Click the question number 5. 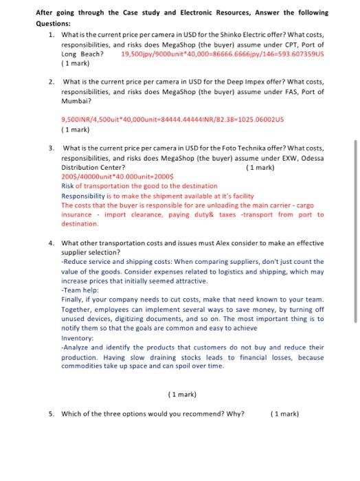point(51,413)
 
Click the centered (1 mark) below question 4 point(182,394)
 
